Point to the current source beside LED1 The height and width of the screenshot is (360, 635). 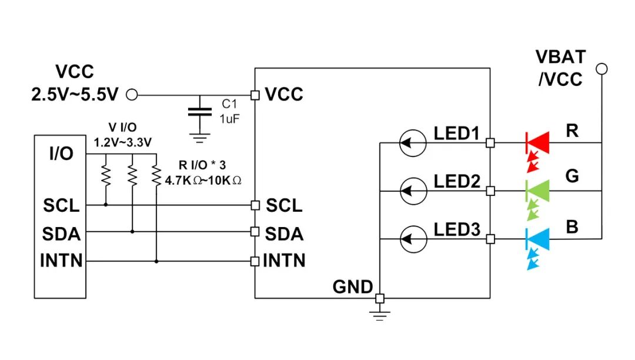[413, 143]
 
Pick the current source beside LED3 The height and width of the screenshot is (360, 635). [413, 239]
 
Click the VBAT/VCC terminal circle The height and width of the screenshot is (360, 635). [602, 69]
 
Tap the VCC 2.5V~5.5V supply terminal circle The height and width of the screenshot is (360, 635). [132, 95]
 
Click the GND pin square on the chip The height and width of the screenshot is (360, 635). [379, 298]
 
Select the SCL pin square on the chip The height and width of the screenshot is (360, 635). [255, 205]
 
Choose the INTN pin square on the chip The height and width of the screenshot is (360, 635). [255, 261]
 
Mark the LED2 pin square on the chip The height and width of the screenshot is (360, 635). [490, 191]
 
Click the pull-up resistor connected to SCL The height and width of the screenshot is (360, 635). [106, 175]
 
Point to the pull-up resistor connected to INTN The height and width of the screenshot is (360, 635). [156, 175]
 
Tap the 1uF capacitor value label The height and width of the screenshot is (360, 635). [230, 119]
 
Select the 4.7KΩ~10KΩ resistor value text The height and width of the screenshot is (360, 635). [203, 181]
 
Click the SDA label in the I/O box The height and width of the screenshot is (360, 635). [61, 234]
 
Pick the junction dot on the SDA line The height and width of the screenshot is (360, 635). [132, 232]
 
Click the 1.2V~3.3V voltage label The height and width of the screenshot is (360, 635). [123, 142]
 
